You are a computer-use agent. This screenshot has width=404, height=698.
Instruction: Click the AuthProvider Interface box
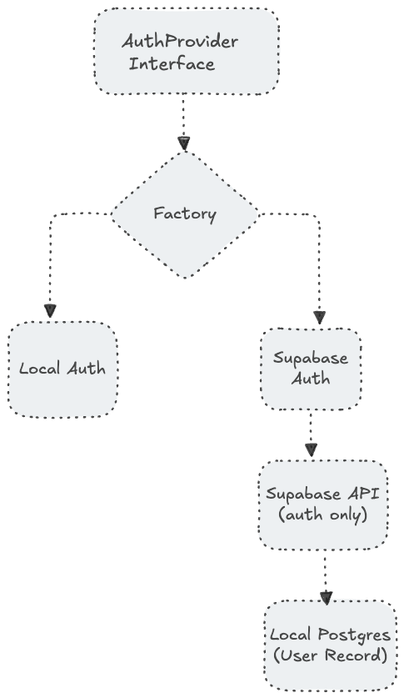pos(186,52)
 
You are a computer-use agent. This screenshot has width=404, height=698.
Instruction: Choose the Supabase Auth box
pos(311,368)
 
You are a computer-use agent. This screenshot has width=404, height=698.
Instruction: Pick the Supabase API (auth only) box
pos(322,504)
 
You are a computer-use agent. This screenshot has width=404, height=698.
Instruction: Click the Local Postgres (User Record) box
pos(330,645)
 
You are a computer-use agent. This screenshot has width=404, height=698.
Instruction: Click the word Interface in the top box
pos(172,63)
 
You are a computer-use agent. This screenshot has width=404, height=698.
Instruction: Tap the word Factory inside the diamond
pos(185,213)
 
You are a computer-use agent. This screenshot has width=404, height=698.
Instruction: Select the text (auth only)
pos(322,515)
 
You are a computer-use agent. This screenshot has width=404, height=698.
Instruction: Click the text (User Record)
pos(330,656)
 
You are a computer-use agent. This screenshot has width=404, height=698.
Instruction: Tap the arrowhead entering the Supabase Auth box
pos(319,317)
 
